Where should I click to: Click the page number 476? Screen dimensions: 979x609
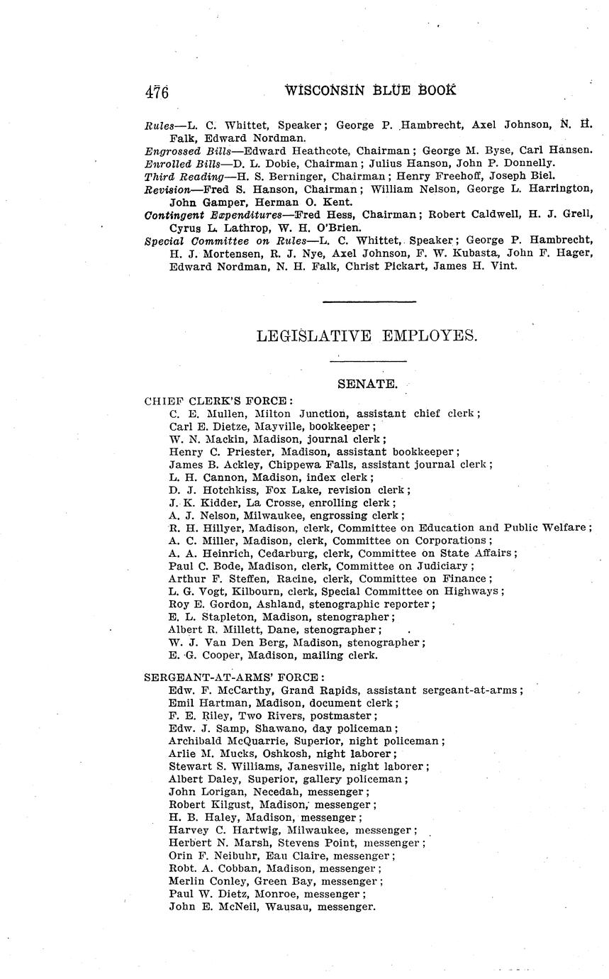157,92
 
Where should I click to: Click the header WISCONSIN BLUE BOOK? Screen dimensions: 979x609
370,90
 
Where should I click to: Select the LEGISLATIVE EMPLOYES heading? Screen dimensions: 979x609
367,336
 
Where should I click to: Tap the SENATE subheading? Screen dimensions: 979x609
367,384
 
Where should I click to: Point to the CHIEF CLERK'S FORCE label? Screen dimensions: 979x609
218,401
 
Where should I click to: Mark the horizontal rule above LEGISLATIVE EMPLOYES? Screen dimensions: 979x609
369,302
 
